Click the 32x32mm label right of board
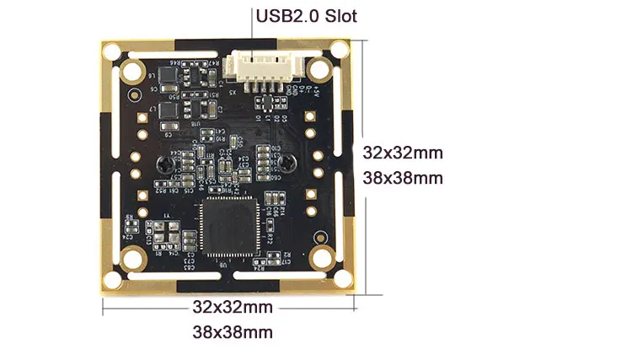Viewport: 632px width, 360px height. tap(402, 153)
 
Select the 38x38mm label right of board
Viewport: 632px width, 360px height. tap(402, 178)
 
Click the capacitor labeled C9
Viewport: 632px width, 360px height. tap(168, 132)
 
